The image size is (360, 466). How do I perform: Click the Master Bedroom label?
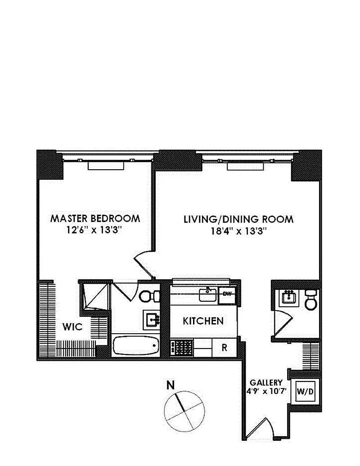95,218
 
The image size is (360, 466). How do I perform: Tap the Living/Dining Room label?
238,219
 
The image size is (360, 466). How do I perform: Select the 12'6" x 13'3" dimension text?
95,231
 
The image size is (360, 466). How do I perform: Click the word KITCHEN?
203,321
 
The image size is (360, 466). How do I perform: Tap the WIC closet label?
72,327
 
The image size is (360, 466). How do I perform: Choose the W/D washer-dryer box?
306,391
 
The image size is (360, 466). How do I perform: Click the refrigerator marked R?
225,348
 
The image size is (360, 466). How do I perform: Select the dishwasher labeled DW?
227,295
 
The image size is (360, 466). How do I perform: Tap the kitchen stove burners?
182,348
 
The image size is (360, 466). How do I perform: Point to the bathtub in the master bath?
136,345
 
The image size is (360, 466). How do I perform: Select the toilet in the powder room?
311,300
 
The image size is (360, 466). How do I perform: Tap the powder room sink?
288,297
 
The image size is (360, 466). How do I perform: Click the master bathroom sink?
152,320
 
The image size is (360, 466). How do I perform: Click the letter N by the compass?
170,385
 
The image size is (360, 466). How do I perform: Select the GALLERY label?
266,383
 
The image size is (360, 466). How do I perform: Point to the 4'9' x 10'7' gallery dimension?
266,391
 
